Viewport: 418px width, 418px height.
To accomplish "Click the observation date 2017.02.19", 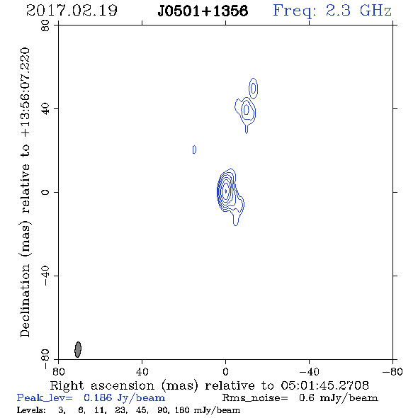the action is point(72,11).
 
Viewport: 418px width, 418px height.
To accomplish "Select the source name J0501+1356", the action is point(203,11).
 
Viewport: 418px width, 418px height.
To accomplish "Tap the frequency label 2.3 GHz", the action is point(358,11).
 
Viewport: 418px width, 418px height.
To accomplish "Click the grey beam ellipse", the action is point(78,349).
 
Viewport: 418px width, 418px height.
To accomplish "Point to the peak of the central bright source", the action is point(226,191).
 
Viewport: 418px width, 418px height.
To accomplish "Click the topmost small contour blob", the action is point(253,88).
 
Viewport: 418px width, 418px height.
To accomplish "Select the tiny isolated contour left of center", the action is point(194,149).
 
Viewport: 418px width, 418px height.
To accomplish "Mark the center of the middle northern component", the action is point(247,109).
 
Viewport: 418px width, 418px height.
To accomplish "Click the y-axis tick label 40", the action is point(45,109).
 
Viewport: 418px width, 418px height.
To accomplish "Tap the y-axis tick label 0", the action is point(45,192).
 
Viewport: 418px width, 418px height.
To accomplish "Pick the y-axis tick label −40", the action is point(45,276).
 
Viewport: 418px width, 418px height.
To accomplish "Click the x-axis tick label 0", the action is point(225,371).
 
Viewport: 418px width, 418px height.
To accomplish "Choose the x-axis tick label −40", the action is point(309,371).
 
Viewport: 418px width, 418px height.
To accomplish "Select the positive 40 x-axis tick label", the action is point(142,371).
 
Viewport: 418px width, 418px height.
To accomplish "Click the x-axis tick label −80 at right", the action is point(392,371).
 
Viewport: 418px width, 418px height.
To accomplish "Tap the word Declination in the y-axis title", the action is point(25,300).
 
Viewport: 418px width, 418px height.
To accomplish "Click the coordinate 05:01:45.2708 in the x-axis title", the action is point(324,385).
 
